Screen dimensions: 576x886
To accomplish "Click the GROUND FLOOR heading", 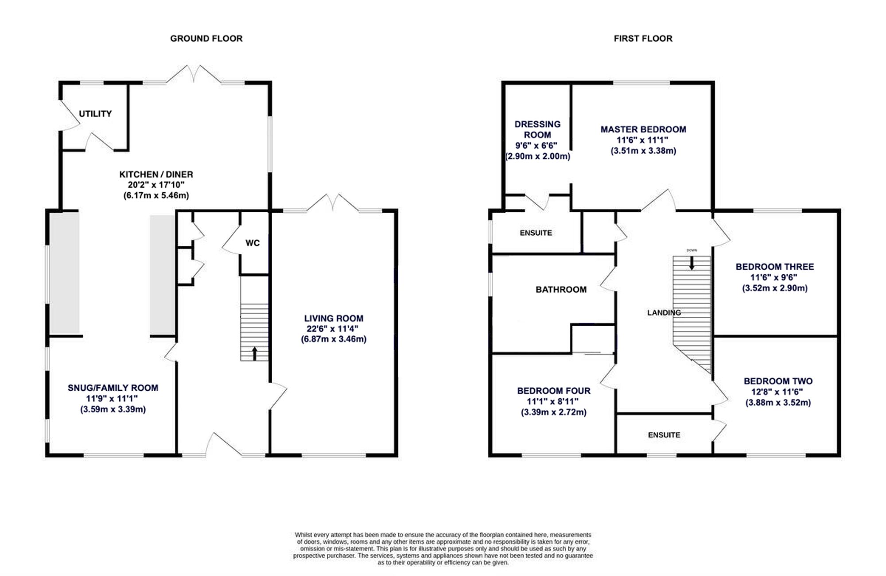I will (206, 39).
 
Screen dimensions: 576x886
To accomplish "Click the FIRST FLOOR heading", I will (643, 39).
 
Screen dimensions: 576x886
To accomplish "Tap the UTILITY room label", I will (95, 114).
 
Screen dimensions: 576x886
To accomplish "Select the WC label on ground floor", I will (253, 243).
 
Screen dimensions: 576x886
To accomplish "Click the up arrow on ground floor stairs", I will (255, 354).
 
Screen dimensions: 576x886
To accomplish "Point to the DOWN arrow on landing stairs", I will (692, 263).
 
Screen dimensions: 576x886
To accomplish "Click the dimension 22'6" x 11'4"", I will (333, 329).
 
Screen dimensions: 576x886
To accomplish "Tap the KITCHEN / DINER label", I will (156, 175).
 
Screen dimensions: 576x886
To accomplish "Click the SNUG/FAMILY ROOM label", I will (113, 388).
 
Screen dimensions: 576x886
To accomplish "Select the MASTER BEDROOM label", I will (643, 129).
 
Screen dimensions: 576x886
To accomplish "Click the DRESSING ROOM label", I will (537, 129).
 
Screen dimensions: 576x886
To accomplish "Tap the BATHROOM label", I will (561, 290).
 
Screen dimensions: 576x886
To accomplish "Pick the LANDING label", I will (664, 313).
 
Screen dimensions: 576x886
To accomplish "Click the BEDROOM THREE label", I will (775, 267).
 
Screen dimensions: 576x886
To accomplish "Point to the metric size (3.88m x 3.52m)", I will (778, 403).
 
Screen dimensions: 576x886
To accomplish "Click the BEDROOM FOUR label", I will (554, 391).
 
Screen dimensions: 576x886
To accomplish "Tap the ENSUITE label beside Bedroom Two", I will (664, 435).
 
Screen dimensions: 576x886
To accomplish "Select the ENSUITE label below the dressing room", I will (536, 233).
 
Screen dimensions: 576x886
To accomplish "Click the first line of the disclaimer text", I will (443, 535).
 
